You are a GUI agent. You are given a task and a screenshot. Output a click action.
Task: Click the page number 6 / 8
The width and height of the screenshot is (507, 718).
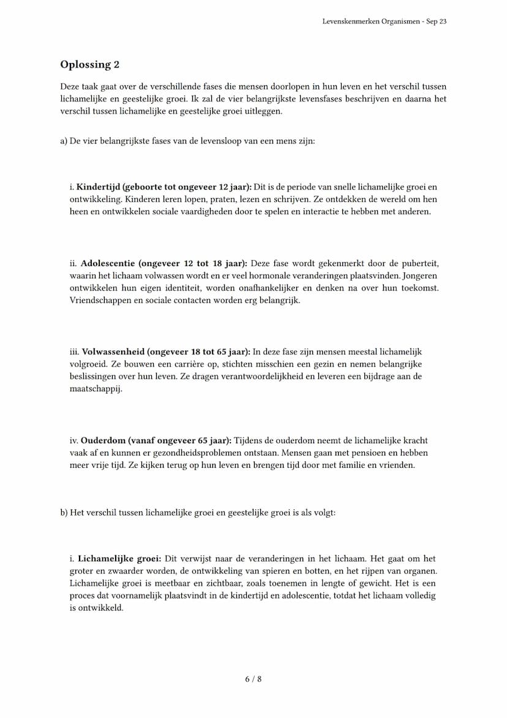pos(254,679)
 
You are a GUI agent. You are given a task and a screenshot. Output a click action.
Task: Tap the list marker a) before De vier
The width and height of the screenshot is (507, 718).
pos(64,141)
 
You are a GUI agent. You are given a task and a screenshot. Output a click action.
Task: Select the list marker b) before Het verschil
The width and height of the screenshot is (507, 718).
pos(64,513)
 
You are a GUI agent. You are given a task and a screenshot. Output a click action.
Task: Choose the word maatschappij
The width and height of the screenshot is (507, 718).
pos(96,389)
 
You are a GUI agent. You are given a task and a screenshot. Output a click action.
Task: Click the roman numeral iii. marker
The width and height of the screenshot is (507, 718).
pos(75,352)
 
